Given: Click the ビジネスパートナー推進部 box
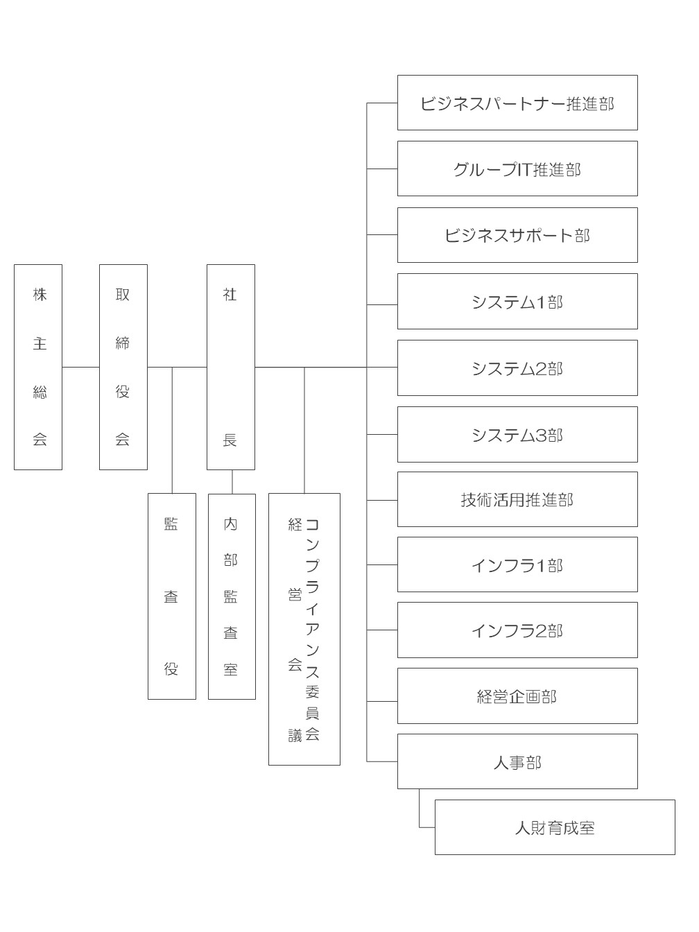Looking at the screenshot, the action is coord(517,103).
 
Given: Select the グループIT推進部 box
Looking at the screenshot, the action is coord(517,169).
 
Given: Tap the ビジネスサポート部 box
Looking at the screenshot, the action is coord(517,235).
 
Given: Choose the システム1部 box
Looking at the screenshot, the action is coord(517,301).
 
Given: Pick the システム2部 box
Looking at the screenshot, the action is coord(517,368).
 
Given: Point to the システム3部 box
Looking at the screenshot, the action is coord(517,434).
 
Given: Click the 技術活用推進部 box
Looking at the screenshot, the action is coord(517,499).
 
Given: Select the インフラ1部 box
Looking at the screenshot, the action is coord(517,564).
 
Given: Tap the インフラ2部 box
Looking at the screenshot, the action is coord(517,630).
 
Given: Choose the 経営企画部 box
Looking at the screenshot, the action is coord(517,696).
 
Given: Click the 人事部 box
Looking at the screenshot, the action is coord(517,761).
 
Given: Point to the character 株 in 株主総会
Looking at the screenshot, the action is coord(40,294).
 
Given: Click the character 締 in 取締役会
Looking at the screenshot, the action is coord(122,343).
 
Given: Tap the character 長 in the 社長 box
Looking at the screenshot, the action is coord(230,440).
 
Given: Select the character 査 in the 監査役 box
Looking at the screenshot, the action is coord(171,597).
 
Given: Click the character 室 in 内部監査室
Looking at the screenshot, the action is coord(230,670).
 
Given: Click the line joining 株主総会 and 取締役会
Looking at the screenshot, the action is coord(80,368).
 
